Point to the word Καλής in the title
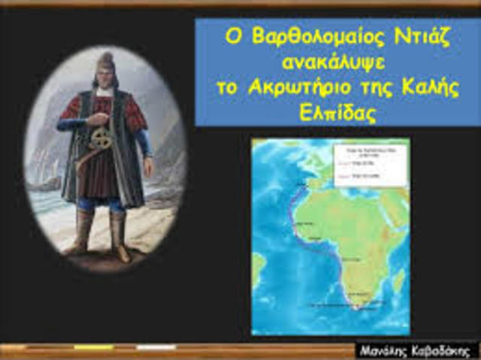pyautogui.click(x=431, y=86)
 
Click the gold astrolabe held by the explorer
pyautogui.click(x=101, y=140)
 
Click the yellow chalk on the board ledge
pyautogui.click(x=94, y=347)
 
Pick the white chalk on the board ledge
pyautogui.click(x=156, y=347)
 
